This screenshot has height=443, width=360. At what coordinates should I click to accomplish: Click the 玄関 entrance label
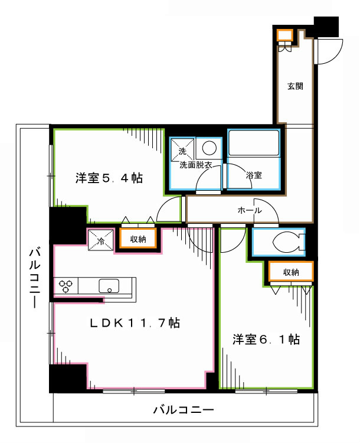click(x=295, y=86)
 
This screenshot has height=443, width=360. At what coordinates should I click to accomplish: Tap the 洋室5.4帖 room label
click(x=108, y=177)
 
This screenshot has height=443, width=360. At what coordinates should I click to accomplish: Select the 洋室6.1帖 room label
click(x=266, y=340)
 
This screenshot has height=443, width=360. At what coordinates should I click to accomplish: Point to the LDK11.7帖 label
click(x=135, y=323)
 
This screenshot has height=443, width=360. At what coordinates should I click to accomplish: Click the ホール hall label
click(x=249, y=210)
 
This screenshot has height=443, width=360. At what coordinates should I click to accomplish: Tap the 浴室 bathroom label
click(x=254, y=175)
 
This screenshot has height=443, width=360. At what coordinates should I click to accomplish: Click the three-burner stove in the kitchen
click(x=66, y=286)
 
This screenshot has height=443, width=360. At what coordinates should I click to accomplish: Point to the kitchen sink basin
click(x=109, y=286)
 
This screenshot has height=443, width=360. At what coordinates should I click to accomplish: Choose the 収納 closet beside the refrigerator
click(x=138, y=239)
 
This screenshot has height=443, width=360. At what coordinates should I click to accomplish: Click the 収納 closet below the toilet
click(x=290, y=272)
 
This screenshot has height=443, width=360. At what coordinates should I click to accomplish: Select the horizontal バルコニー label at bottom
click(x=183, y=409)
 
